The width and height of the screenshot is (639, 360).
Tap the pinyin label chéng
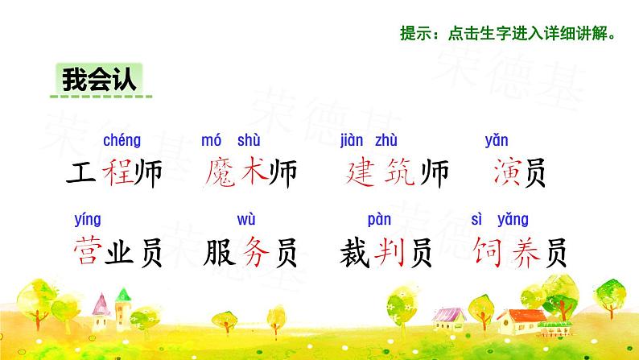pos(122,141)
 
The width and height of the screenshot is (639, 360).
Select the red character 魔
pos(220,174)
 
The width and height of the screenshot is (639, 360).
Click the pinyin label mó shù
pos(231,141)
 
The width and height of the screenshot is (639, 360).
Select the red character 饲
pos(489,252)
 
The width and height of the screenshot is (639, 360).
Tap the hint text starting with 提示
pos(512,34)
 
